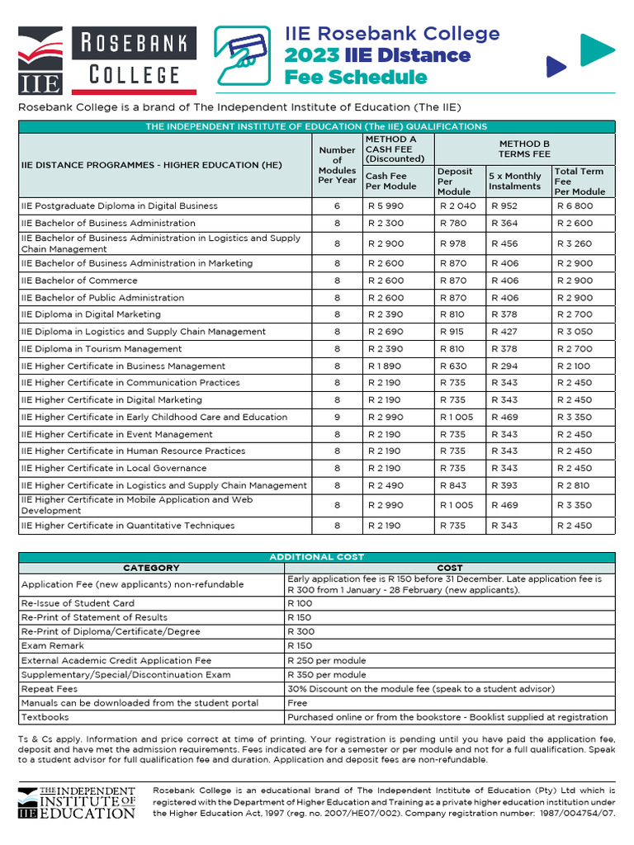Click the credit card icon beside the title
244,55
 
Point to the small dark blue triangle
556,65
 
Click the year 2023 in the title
311,55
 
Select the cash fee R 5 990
384,206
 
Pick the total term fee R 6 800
575,206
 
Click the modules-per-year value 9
337,418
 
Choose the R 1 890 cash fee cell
384,366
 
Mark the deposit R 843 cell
453,485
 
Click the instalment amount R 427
504,332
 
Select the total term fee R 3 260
575,244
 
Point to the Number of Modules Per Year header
337,165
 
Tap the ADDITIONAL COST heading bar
316,557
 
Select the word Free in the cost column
297,703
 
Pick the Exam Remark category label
53,646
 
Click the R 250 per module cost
326,660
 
